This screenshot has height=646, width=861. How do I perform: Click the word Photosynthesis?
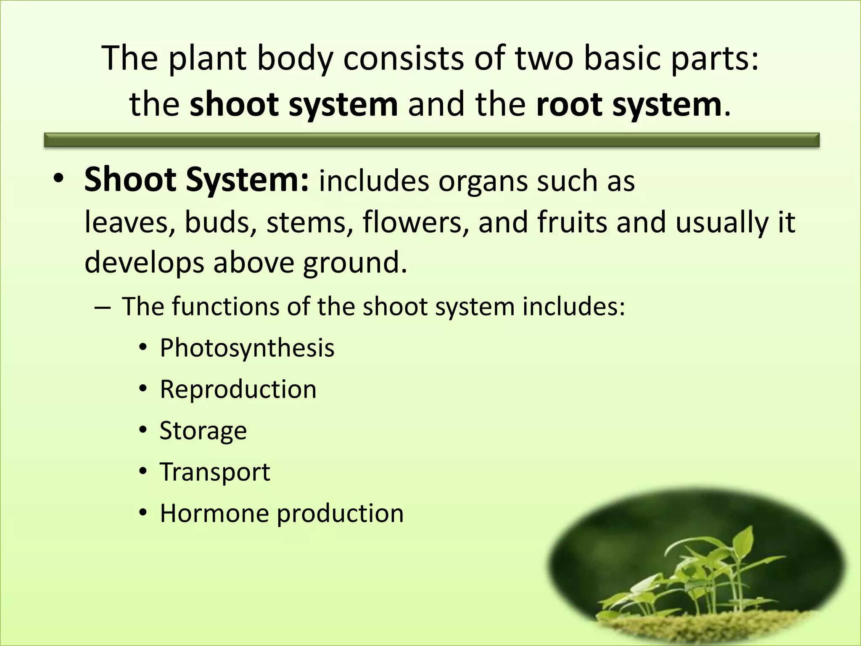[247, 349]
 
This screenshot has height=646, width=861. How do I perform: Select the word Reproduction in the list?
[238, 389]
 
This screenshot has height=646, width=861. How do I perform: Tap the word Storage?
[203, 431]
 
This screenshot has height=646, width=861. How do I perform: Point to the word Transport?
[215, 472]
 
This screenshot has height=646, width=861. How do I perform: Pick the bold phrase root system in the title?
[629, 104]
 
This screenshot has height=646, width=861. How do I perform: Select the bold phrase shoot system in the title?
[293, 104]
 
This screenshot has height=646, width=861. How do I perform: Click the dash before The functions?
[103, 307]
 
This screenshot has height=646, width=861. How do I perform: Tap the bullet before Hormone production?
[143, 513]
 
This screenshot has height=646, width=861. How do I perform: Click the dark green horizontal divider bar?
[431, 140]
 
